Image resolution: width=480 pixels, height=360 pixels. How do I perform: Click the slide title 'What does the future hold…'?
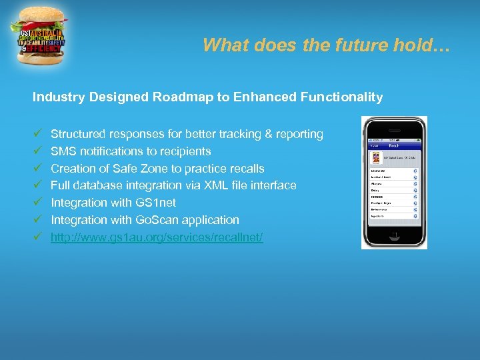point(327,45)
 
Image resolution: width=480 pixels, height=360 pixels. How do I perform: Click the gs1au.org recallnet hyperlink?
point(157,237)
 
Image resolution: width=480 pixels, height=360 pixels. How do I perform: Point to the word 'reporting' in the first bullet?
point(299,134)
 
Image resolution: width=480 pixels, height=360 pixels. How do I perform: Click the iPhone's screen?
point(394,184)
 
